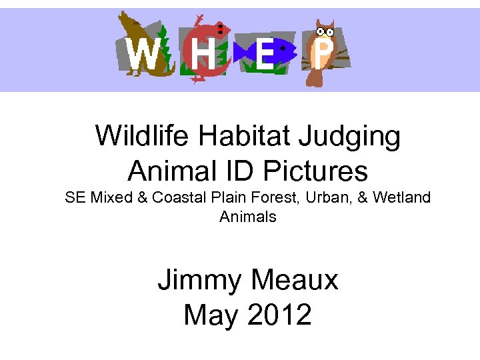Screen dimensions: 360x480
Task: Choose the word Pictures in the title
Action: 315,171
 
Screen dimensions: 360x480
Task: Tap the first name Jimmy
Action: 197,281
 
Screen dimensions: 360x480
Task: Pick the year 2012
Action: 278,314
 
